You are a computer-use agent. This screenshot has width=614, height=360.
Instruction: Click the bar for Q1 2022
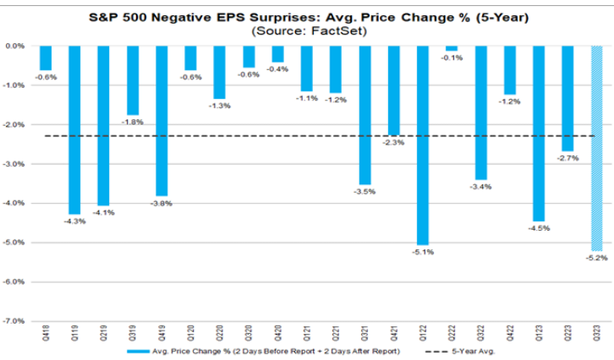tap(423, 144)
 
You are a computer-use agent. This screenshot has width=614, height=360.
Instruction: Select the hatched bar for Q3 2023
tap(596, 148)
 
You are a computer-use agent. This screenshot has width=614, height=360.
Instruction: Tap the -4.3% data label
tap(74, 221)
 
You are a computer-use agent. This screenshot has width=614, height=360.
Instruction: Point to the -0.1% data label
tap(452, 57)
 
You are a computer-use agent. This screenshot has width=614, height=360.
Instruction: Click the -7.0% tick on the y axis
tap(15, 321)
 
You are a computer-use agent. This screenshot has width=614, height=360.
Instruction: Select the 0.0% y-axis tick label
tap(15, 46)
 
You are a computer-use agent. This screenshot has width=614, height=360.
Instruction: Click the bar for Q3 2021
tap(365, 114)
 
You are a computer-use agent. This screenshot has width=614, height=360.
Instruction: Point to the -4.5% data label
tap(539, 228)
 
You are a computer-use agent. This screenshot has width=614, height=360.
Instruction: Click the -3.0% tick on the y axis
tap(15, 164)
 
